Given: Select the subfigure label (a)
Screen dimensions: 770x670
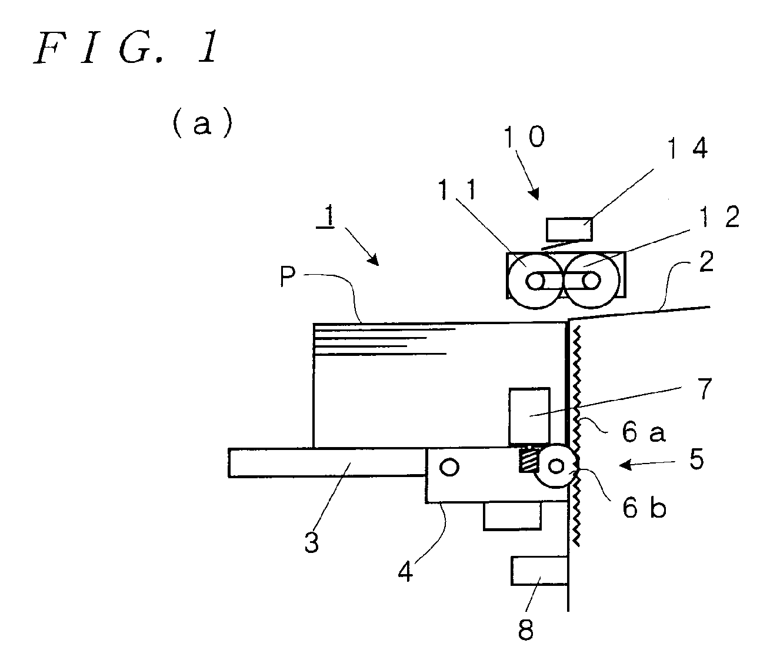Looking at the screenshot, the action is click(x=202, y=123).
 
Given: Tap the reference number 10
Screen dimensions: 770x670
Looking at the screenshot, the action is click(x=524, y=136).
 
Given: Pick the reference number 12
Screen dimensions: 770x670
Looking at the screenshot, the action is click(x=719, y=216).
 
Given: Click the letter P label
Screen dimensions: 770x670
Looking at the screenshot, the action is click(x=288, y=276).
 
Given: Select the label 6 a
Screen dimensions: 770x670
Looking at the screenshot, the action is click(x=644, y=432).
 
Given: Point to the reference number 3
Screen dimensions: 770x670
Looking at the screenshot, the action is click(x=311, y=542).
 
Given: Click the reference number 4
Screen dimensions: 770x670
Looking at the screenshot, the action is click(x=405, y=572).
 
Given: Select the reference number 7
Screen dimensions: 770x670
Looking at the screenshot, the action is click(x=705, y=388).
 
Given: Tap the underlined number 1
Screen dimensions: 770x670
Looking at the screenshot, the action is click(x=328, y=216).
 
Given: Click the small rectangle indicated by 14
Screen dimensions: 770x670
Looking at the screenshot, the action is click(x=569, y=229).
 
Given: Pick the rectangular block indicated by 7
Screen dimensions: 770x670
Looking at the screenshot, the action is click(x=529, y=416).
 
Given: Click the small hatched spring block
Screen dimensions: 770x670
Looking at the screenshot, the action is click(x=528, y=461).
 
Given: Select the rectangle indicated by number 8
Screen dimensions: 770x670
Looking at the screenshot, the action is click(x=539, y=571).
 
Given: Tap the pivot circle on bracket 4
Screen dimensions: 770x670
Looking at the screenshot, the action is click(x=449, y=467).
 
